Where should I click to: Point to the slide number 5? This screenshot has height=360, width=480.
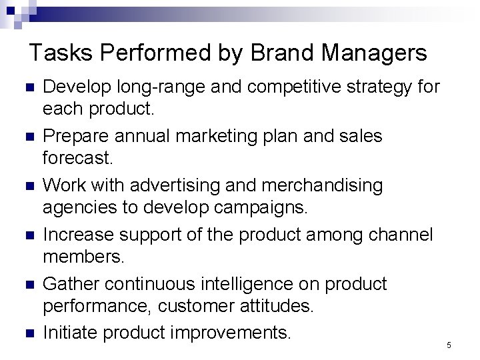pyautogui.click(x=449, y=345)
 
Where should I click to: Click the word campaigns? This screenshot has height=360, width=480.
pyautogui.click(x=263, y=207)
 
